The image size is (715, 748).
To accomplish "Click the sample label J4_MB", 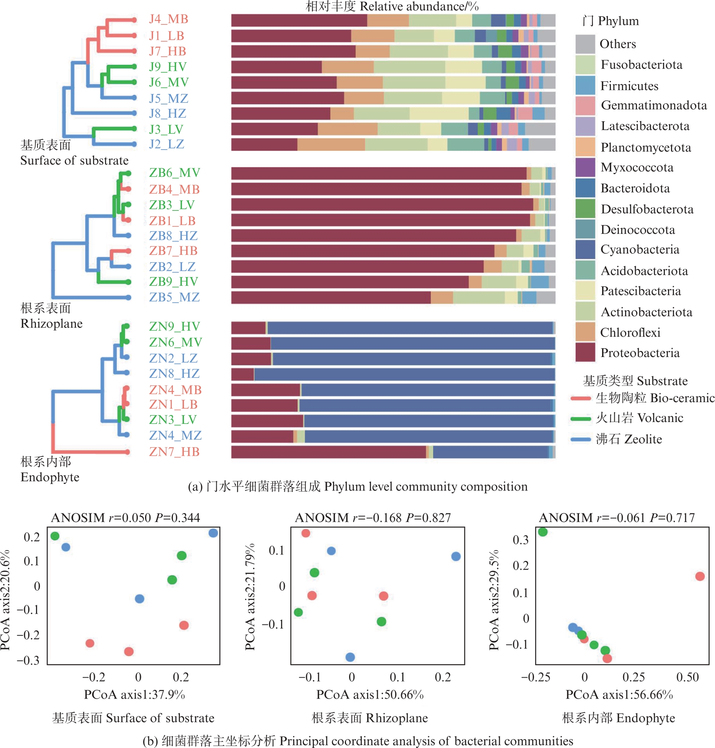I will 168,19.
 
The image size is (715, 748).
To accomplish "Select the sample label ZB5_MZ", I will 174,297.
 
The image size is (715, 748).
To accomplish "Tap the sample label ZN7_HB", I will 174,452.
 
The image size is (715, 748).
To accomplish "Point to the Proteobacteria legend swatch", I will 585,352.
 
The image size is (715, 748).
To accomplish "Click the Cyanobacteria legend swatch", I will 585,249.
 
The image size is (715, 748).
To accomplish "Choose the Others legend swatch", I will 585,44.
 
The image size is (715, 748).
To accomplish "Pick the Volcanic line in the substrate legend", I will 581,419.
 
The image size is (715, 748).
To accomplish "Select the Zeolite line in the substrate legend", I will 581,439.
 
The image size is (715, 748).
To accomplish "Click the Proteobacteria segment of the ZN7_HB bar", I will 328,452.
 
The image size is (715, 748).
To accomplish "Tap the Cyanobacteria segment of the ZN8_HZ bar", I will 404,374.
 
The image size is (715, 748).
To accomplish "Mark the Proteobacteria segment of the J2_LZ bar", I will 264,145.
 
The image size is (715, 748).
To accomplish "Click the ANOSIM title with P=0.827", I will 373,518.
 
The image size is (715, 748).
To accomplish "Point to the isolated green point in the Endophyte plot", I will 542,532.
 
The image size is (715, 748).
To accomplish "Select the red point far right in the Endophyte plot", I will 700,576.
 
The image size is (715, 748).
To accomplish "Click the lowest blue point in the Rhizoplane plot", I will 350,657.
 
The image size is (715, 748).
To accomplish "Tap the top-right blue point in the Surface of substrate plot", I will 213,533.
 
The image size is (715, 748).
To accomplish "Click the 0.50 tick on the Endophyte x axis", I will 687,677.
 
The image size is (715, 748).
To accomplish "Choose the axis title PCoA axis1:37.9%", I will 134,694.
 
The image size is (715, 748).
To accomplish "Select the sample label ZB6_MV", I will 175,173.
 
